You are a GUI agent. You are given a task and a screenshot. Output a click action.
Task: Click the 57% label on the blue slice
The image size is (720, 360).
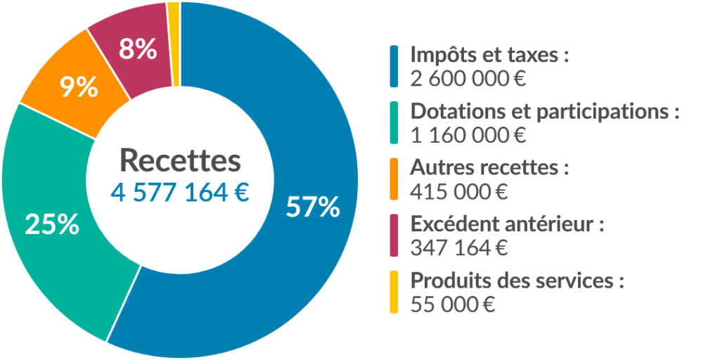pyautogui.click(x=313, y=207)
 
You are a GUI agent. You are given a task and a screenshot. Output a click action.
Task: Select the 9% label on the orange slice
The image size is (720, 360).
pyautogui.click(x=78, y=87)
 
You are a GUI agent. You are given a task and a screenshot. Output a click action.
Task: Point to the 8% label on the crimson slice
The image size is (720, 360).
pyautogui.click(x=137, y=50)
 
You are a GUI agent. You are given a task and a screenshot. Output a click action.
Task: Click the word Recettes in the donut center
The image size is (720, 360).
pyautogui.click(x=180, y=160)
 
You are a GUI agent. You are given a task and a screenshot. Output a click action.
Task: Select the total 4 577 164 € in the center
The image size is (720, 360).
pyautogui.click(x=180, y=192)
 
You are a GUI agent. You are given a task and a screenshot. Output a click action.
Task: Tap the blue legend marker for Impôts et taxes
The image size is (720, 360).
pyautogui.click(x=394, y=66)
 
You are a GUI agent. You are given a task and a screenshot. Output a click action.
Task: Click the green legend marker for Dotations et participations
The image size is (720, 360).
pyautogui.click(x=394, y=122)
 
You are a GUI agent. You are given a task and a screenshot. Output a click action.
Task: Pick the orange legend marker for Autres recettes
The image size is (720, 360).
pyautogui.click(x=394, y=179)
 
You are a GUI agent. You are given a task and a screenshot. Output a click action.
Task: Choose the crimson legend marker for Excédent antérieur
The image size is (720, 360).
pyautogui.click(x=394, y=236)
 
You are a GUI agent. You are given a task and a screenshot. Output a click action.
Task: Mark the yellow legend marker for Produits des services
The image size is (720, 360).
pyautogui.click(x=394, y=292)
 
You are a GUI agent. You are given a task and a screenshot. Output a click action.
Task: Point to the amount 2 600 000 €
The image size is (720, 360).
pyautogui.click(x=468, y=78)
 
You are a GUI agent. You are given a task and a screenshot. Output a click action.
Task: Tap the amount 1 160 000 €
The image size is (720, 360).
pyautogui.click(x=468, y=134)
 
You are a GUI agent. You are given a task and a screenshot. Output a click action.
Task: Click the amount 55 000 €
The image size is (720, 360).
pyautogui.click(x=453, y=304)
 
